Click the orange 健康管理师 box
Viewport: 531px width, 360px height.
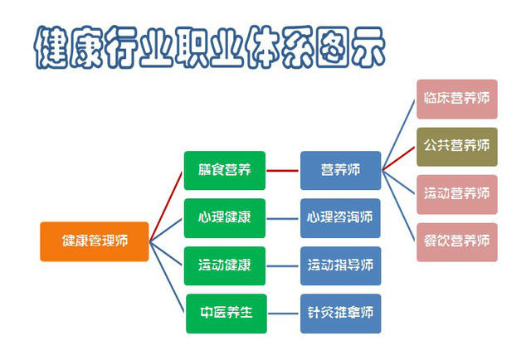point(95,241)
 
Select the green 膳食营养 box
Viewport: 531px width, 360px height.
point(225,170)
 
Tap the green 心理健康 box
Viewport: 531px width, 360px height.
point(225,218)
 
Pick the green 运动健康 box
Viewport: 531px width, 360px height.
point(225,265)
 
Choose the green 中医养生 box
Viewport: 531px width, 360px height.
point(227,314)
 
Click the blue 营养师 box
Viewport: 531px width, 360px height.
point(341,170)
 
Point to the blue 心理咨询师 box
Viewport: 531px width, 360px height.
point(340,218)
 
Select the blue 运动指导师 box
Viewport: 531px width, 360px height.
point(341,265)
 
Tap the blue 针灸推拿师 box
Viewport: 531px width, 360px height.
point(341,314)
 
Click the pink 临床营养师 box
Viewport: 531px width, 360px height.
point(457,100)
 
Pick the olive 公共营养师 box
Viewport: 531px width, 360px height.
point(457,147)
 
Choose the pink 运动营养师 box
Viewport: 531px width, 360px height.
point(457,195)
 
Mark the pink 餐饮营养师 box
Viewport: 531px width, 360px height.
point(457,242)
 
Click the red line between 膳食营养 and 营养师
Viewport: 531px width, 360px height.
point(283,171)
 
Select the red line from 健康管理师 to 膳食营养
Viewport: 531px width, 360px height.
point(166,207)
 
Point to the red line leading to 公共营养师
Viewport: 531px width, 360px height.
point(398,158)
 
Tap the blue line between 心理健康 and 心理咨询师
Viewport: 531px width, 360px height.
point(283,219)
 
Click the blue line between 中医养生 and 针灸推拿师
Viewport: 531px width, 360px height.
point(284,314)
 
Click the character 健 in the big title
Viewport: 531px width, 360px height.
point(51,47)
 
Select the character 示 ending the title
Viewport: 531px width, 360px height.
point(368,47)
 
